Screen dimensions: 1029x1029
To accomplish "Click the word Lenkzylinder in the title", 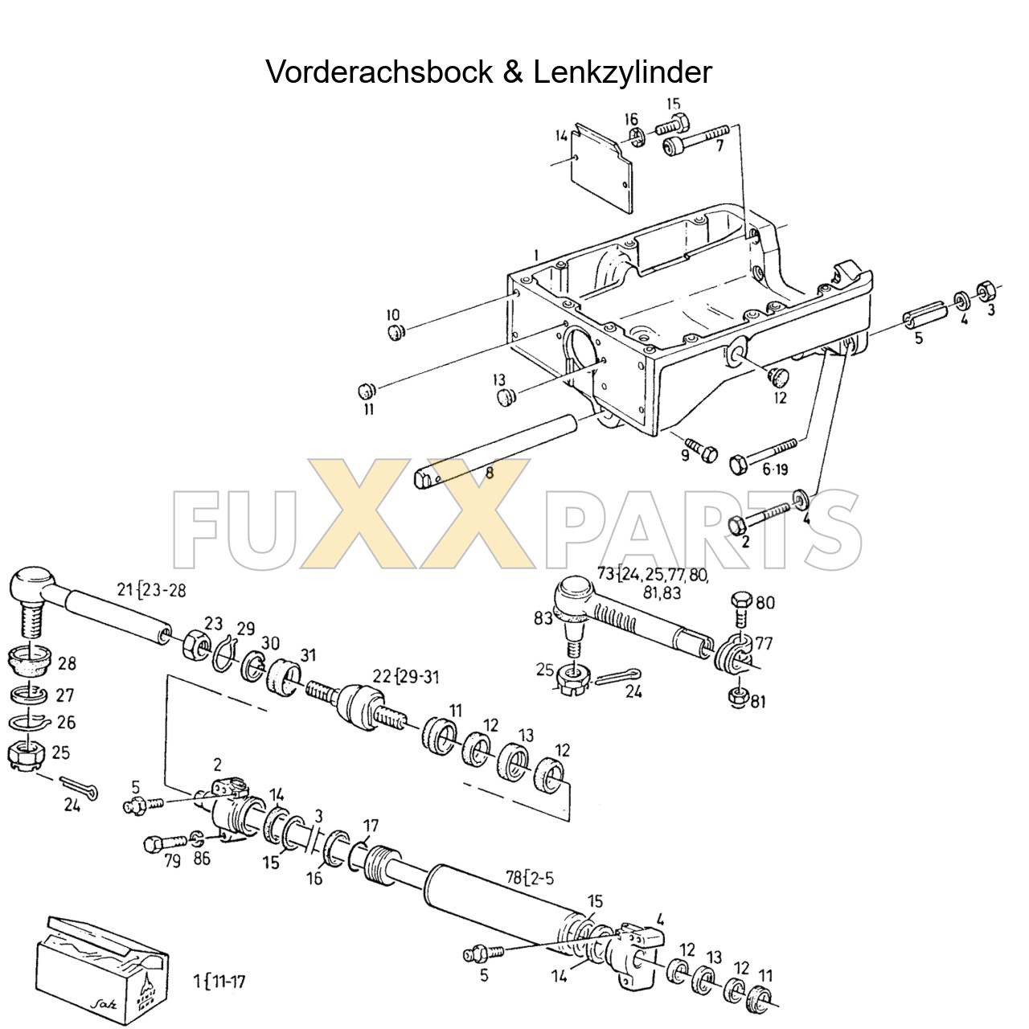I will (621, 72).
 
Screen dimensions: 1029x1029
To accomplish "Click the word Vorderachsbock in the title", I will (379, 72).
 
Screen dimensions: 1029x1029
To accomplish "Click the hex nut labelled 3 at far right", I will (983, 290).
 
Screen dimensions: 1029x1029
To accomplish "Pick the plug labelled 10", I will (395, 332).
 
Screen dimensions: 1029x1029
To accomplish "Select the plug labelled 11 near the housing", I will (367, 391).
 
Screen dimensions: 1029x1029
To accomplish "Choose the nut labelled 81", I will (737, 696).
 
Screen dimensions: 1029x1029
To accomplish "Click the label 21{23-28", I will (150, 590).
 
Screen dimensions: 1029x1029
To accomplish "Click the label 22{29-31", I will (406, 676).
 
